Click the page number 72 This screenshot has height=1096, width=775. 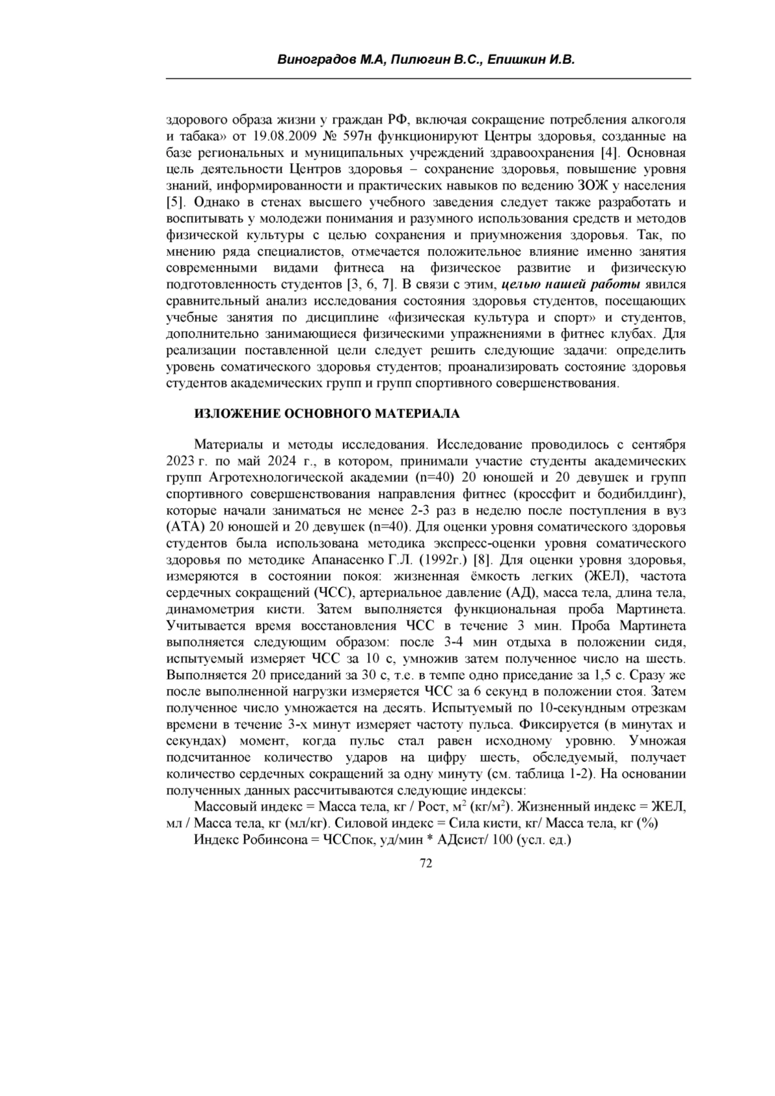click(426, 863)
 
